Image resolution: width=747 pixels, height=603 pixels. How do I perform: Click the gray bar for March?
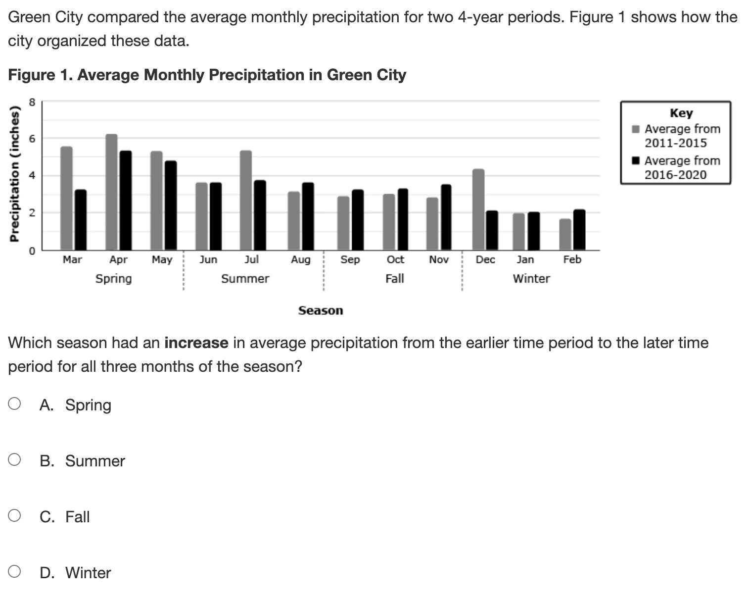pos(66,198)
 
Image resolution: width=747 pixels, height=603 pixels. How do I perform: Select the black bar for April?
pos(126,201)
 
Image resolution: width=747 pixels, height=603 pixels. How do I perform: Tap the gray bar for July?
pos(246,201)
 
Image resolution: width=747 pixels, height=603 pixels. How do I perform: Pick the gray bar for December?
pos(478,209)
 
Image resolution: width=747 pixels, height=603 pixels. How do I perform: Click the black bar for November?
pos(446,217)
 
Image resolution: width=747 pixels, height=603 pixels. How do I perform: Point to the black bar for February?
pos(579,230)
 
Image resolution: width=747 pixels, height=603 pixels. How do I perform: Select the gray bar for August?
pos(294,221)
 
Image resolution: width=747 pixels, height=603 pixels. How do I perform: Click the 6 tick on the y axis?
pos(32,138)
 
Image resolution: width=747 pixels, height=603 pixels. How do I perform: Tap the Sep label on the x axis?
pos(350,259)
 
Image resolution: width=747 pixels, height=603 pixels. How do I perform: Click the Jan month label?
pos(525,259)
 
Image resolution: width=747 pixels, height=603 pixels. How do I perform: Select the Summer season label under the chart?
pos(245,279)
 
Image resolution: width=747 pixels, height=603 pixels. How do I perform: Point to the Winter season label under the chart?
pos(531,279)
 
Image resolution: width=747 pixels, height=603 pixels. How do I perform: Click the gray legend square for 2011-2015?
pos(636,129)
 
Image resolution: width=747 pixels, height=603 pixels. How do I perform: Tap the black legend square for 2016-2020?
pos(636,160)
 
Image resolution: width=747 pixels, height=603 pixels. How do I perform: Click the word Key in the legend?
pos(681,113)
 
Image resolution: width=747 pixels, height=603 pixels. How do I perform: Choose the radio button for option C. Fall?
pos(14,516)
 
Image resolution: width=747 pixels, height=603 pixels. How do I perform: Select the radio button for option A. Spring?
pos(14,404)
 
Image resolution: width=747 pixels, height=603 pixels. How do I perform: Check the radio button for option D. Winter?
pos(14,572)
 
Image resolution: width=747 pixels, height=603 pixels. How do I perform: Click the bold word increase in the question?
pos(196,343)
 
